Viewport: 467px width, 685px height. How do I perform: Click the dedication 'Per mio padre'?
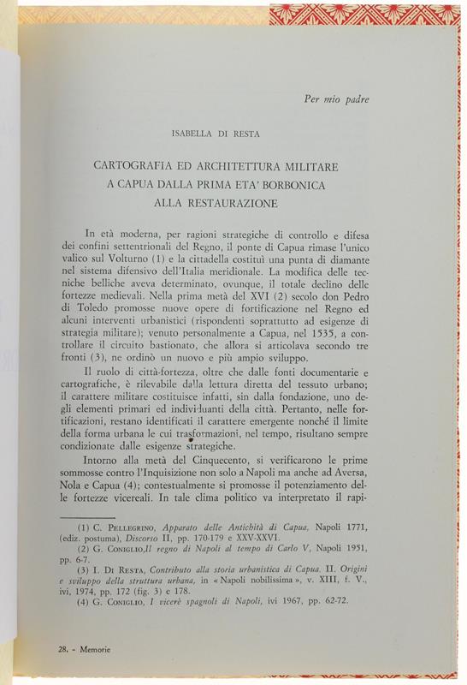pos(336,98)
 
